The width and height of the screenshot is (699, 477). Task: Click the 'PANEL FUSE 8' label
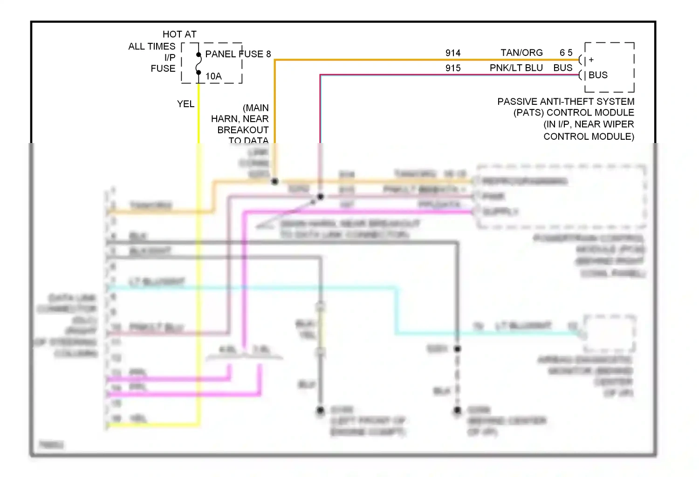[238, 54]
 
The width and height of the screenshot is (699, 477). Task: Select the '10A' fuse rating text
[213, 76]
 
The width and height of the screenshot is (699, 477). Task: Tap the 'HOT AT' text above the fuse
[179, 34]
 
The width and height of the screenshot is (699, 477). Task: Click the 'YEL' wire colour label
[185, 104]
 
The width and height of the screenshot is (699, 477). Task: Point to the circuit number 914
[452, 53]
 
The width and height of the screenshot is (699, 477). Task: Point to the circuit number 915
[452, 68]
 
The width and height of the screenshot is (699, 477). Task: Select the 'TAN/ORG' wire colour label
[521, 53]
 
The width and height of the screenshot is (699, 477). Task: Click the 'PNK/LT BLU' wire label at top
[516, 68]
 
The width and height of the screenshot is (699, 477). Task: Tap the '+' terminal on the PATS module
[591, 60]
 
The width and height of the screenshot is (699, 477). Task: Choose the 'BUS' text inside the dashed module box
[598, 75]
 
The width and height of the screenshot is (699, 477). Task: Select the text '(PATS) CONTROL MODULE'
[574, 113]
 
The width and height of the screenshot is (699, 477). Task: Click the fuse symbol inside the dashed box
[199, 63]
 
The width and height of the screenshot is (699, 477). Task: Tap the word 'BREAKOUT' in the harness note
[243, 130]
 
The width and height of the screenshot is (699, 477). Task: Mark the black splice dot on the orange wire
[275, 181]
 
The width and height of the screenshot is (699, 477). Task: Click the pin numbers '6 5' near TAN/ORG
[566, 53]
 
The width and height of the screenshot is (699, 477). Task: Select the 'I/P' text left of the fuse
[170, 57]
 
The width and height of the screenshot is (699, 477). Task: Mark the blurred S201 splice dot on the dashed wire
[458, 348]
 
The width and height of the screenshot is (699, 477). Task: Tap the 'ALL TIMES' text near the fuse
[152, 46]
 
